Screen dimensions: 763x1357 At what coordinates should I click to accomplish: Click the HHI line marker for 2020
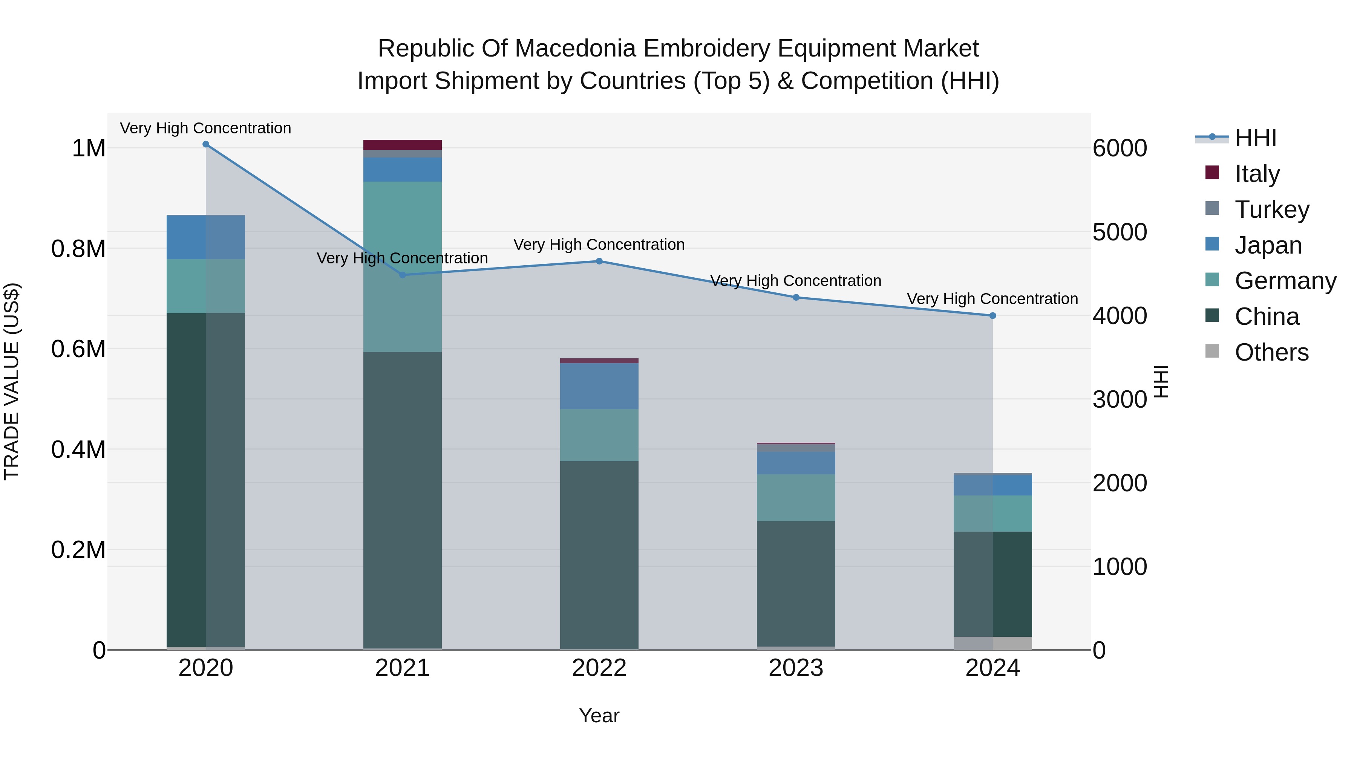coord(206,144)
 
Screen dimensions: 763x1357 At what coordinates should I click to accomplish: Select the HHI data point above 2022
coord(599,261)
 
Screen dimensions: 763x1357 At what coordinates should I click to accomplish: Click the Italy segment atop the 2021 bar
coord(403,145)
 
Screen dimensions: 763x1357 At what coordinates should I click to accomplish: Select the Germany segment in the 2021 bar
coord(403,266)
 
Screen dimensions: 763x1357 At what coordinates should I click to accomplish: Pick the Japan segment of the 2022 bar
coord(599,386)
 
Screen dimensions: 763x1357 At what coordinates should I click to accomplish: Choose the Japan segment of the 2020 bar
coord(206,237)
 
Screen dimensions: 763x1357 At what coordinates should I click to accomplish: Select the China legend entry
coord(1267,317)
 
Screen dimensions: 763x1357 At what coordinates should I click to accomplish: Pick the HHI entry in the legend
coord(1255,138)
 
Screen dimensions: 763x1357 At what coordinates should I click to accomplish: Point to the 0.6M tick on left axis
coord(78,349)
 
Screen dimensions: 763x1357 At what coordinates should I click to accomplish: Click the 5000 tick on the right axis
coord(1120,232)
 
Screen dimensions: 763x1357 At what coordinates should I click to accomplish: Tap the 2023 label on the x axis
coord(796,668)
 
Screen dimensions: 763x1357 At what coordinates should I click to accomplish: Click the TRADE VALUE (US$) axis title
coord(12,381)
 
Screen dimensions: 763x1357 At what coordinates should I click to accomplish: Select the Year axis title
coord(599,716)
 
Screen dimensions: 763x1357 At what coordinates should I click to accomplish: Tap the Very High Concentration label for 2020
coord(205,128)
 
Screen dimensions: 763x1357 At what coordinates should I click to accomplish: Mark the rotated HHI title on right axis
coord(1161,381)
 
